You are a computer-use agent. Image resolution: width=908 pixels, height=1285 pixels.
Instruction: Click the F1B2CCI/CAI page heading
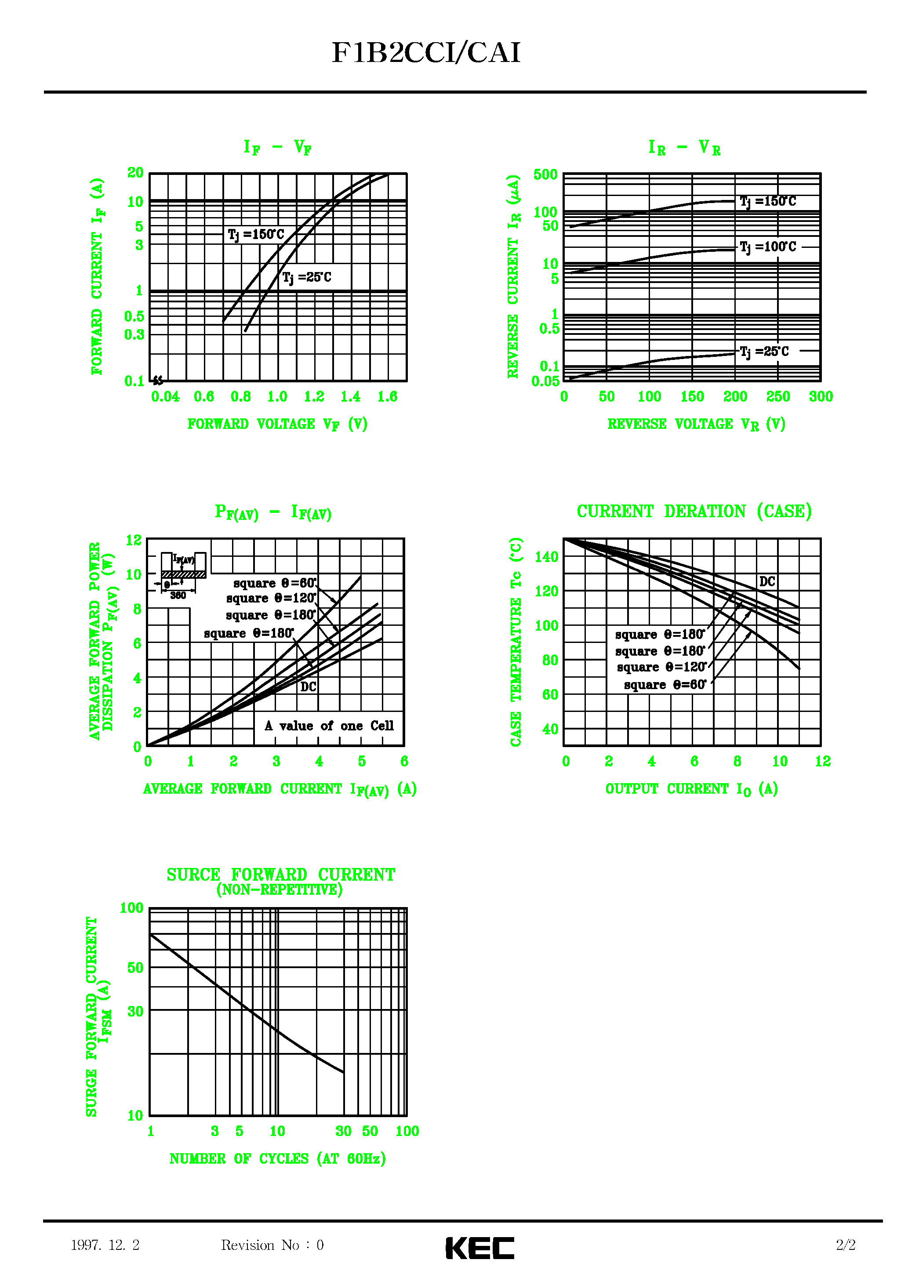pyautogui.click(x=426, y=53)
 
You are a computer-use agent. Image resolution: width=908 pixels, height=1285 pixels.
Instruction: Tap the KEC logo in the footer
pyautogui.click(x=480, y=1248)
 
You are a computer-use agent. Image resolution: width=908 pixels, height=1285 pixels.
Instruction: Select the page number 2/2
pyautogui.click(x=845, y=1245)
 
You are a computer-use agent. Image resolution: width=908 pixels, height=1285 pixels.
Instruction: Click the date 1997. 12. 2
pyautogui.click(x=105, y=1245)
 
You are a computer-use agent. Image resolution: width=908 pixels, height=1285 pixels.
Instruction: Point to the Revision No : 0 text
pyautogui.click(x=272, y=1245)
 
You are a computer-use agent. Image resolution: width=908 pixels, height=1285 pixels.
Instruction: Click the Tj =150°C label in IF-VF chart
pyautogui.click(x=256, y=235)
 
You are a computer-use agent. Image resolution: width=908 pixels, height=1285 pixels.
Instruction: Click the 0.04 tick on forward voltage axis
pyautogui.click(x=165, y=397)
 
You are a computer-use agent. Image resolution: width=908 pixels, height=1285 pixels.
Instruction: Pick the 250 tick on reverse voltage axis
pyautogui.click(x=777, y=397)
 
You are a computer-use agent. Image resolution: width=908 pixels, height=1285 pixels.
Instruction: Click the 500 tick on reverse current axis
pyautogui.click(x=545, y=174)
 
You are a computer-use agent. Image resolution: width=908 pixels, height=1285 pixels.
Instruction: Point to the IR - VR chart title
pyautogui.click(x=684, y=148)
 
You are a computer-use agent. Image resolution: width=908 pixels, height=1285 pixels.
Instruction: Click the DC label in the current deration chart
pyautogui.click(x=767, y=581)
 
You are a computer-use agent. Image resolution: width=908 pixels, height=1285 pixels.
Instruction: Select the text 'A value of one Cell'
pyautogui.click(x=329, y=726)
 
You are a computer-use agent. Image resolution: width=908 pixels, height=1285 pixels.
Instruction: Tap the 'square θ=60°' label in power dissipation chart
pyautogui.click(x=275, y=583)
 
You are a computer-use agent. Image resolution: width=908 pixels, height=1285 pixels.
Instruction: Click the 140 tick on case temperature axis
pyautogui.click(x=546, y=557)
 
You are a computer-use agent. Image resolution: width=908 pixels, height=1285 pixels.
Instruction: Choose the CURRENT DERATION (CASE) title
pyautogui.click(x=694, y=512)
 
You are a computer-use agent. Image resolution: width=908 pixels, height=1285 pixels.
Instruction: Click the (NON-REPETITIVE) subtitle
pyautogui.click(x=280, y=890)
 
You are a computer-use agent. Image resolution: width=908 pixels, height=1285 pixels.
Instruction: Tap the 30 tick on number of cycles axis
pyautogui.click(x=343, y=1131)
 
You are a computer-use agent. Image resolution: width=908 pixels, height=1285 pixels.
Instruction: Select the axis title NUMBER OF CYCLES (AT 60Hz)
pyautogui.click(x=278, y=1158)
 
